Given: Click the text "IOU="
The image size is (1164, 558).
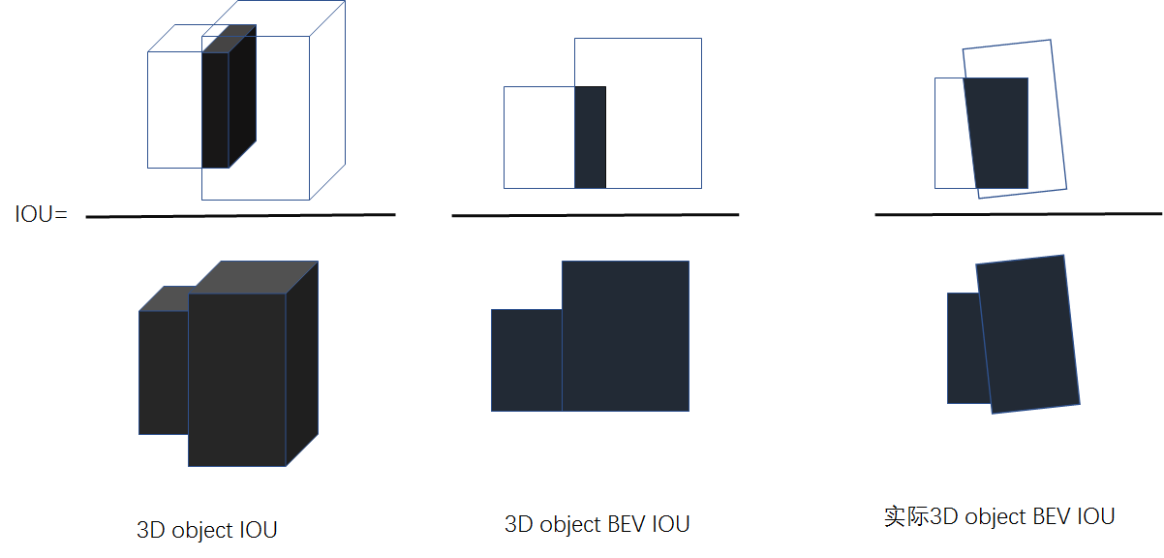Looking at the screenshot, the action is (41, 214).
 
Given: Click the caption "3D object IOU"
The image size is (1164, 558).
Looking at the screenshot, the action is (207, 530).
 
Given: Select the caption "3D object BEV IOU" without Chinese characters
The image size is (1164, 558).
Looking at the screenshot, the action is (597, 524).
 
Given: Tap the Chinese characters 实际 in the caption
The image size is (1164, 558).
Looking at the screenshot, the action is (906, 515).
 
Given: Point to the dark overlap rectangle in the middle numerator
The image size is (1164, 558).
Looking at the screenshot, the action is (590, 137).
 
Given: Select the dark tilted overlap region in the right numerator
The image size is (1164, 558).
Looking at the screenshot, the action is (998, 133).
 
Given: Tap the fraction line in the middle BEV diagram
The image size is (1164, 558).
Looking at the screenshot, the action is (595, 214).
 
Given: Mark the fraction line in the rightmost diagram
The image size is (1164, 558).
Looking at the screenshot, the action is (1017, 213).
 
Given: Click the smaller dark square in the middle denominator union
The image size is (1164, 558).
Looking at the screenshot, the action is (526, 359).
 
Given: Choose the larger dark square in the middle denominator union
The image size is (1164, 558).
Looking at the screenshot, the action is (626, 335).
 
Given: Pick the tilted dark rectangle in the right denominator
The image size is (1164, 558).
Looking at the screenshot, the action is (1029, 333).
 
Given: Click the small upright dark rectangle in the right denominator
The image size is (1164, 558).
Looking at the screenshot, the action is (963, 347).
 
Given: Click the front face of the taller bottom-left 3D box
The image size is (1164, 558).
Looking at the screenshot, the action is (236, 379).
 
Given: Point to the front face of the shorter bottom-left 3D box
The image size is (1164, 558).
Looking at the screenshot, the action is (163, 372).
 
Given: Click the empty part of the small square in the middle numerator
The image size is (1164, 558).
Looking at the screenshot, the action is (538, 137).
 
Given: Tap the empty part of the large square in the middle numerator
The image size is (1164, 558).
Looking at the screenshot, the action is (654, 112).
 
